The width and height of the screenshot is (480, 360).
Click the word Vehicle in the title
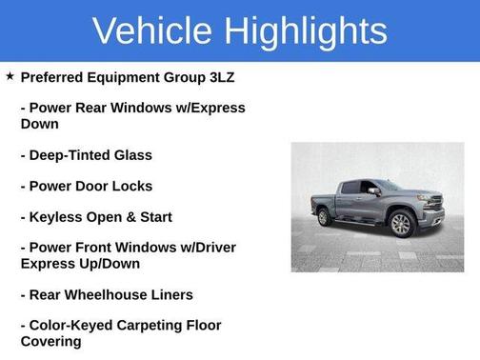(x=147, y=30)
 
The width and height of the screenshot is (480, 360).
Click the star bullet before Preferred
(x=10, y=76)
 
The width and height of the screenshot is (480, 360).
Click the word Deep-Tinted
(x=71, y=155)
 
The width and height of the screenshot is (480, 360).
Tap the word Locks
(x=132, y=186)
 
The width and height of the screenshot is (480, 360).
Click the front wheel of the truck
(x=401, y=225)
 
